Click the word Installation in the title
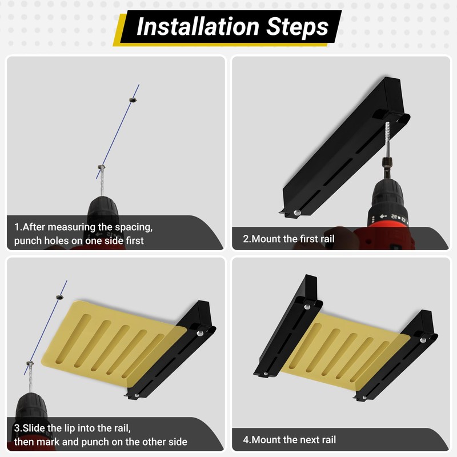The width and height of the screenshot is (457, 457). (198, 26)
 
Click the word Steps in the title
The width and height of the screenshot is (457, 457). (297, 27)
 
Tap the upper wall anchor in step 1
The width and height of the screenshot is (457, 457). (133, 100)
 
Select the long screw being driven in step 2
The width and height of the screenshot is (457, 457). (387, 138)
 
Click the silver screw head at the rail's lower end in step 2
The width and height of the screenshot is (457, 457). (297, 213)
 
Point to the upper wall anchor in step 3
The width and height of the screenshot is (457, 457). (60, 297)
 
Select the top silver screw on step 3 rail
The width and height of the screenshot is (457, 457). (200, 332)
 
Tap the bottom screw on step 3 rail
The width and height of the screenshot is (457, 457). (137, 395)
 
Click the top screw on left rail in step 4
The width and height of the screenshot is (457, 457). (307, 307)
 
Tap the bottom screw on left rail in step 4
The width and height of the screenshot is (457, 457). (266, 374)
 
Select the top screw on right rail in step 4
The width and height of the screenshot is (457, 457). (423, 340)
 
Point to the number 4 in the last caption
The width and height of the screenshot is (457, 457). (246, 440)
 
